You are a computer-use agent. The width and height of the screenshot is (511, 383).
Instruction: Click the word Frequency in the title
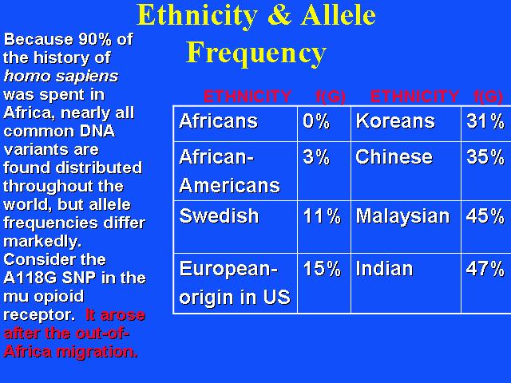tap(256, 53)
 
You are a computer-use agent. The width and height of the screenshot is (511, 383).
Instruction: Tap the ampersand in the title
tap(279, 15)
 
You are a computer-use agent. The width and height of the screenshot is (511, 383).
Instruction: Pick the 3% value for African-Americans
tap(316, 157)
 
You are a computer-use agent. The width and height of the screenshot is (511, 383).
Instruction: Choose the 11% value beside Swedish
tap(322, 216)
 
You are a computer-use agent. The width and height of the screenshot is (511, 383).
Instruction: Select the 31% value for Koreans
tap(485, 121)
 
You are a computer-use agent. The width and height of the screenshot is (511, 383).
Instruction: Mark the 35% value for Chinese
tap(485, 157)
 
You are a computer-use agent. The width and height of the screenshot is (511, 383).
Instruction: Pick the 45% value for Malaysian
tap(485, 216)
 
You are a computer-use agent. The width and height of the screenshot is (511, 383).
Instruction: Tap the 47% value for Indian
tap(485, 269)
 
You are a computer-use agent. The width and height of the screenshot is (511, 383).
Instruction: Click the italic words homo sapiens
tap(61, 77)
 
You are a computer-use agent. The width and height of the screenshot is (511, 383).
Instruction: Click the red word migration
tap(97, 353)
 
